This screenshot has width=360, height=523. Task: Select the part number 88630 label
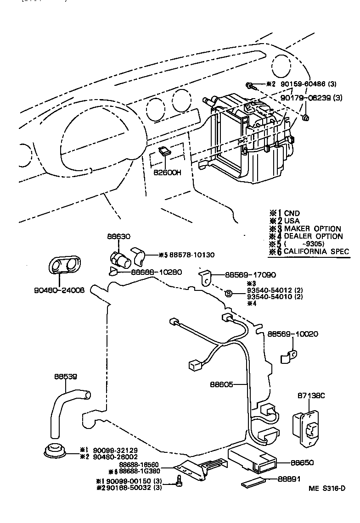pyautogui.click(x=119, y=237)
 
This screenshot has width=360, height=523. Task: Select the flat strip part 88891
pyautogui.click(x=253, y=482)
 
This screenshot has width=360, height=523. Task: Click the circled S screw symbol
pyautogui.click(x=227, y=293)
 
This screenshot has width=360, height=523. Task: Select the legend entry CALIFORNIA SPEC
pyautogui.click(x=316, y=251)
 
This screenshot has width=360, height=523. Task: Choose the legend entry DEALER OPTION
pyautogui.click(x=313, y=236)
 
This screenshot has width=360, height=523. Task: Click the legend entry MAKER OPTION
pyautogui.click(x=312, y=228)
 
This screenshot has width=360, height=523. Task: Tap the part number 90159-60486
pyautogui.click(x=301, y=84)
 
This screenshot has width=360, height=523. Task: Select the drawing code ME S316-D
pyautogui.click(x=327, y=501)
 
